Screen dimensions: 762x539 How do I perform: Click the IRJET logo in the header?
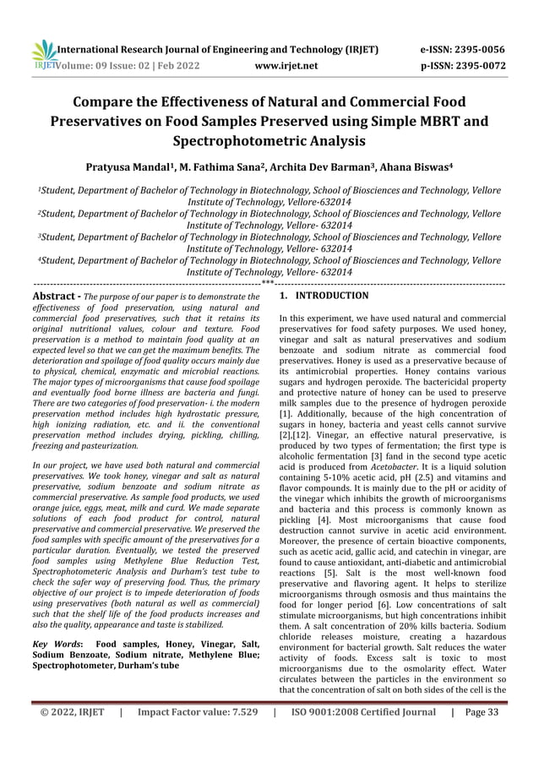tap(41, 55)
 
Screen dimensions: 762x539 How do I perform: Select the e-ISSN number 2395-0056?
tap(476, 49)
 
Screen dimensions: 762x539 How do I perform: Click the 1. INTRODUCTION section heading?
tap(324, 297)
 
